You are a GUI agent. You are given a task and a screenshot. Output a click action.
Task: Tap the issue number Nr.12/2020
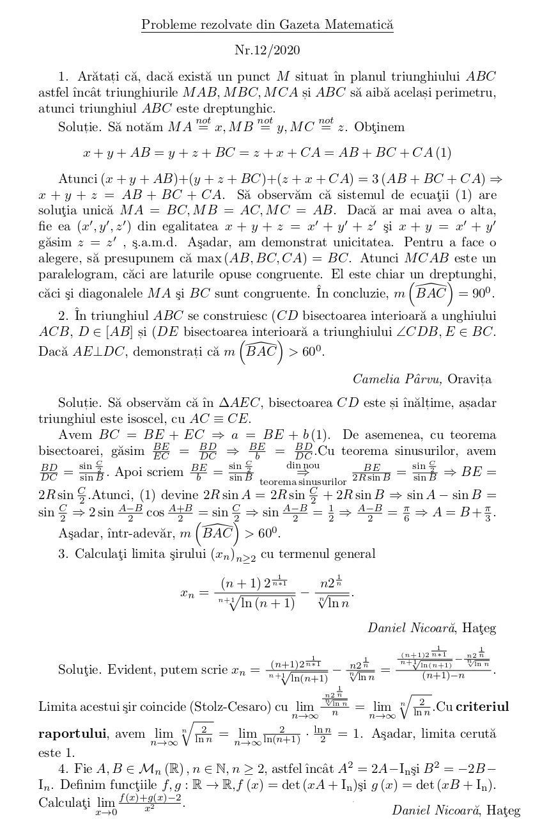[x=267, y=51]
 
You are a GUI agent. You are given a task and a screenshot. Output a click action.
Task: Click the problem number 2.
[x=63, y=317]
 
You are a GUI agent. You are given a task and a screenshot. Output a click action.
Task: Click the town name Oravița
[x=470, y=379]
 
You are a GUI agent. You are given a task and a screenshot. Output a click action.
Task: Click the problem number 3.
[x=63, y=553]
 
